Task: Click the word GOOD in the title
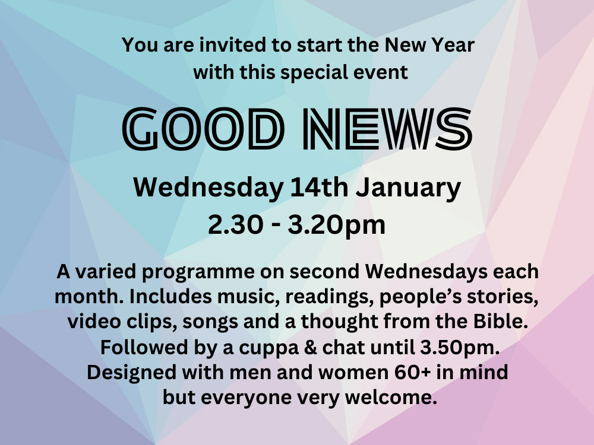203,129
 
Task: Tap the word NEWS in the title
387,129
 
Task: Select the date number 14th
319,187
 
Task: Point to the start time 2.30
235,225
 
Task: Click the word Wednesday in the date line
208,188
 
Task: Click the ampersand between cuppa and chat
310,348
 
